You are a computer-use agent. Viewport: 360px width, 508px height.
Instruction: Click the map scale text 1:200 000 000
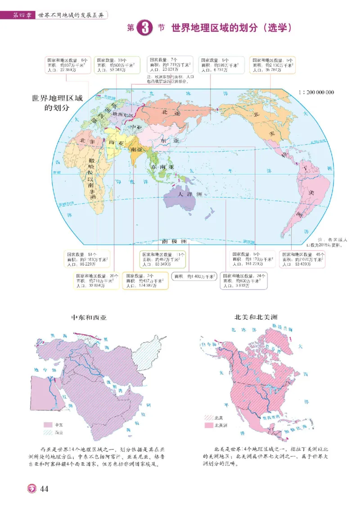coord(315,92)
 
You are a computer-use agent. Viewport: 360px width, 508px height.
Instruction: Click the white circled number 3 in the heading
coord(143,28)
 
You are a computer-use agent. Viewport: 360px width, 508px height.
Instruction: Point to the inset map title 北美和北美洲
coord(255,317)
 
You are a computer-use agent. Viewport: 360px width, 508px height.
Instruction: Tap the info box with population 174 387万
coord(146,281)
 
